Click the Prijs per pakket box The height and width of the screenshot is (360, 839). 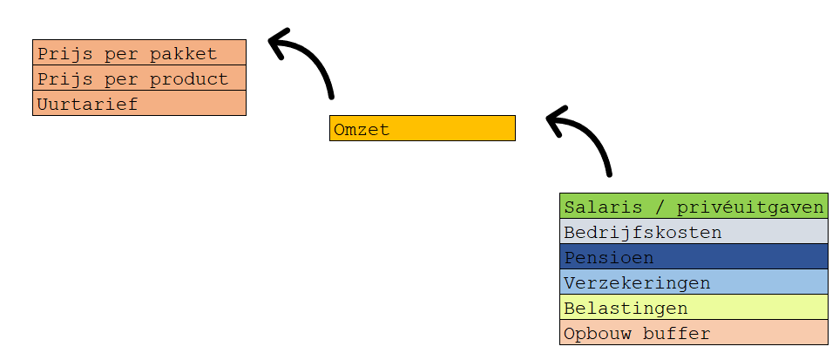pyautogui.click(x=139, y=53)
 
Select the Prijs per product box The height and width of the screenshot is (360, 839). pyautogui.click(x=139, y=78)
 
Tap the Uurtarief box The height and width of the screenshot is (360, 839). pyautogui.click(x=139, y=104)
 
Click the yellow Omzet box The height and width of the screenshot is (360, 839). pyautogui.click(x=423, y=128)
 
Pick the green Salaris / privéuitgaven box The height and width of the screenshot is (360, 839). pyautogui.click(x=694, y=207)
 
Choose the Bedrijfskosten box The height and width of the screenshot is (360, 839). pyautogui.click(x=694, y=232)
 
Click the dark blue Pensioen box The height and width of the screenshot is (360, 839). pyautogui.click(x=694, y=257)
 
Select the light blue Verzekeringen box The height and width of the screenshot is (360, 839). pyautogui.click(x=694, y=282)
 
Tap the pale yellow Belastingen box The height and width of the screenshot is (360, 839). pyautogui.click(x=694, y=308)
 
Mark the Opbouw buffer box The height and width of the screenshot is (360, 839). pyautogui.click(x=694, y=333)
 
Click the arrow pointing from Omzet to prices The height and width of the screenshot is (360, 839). pyautogui.click(x=309, y=61)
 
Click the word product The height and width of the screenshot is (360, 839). pyautogui.click(x=196, y=79)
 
